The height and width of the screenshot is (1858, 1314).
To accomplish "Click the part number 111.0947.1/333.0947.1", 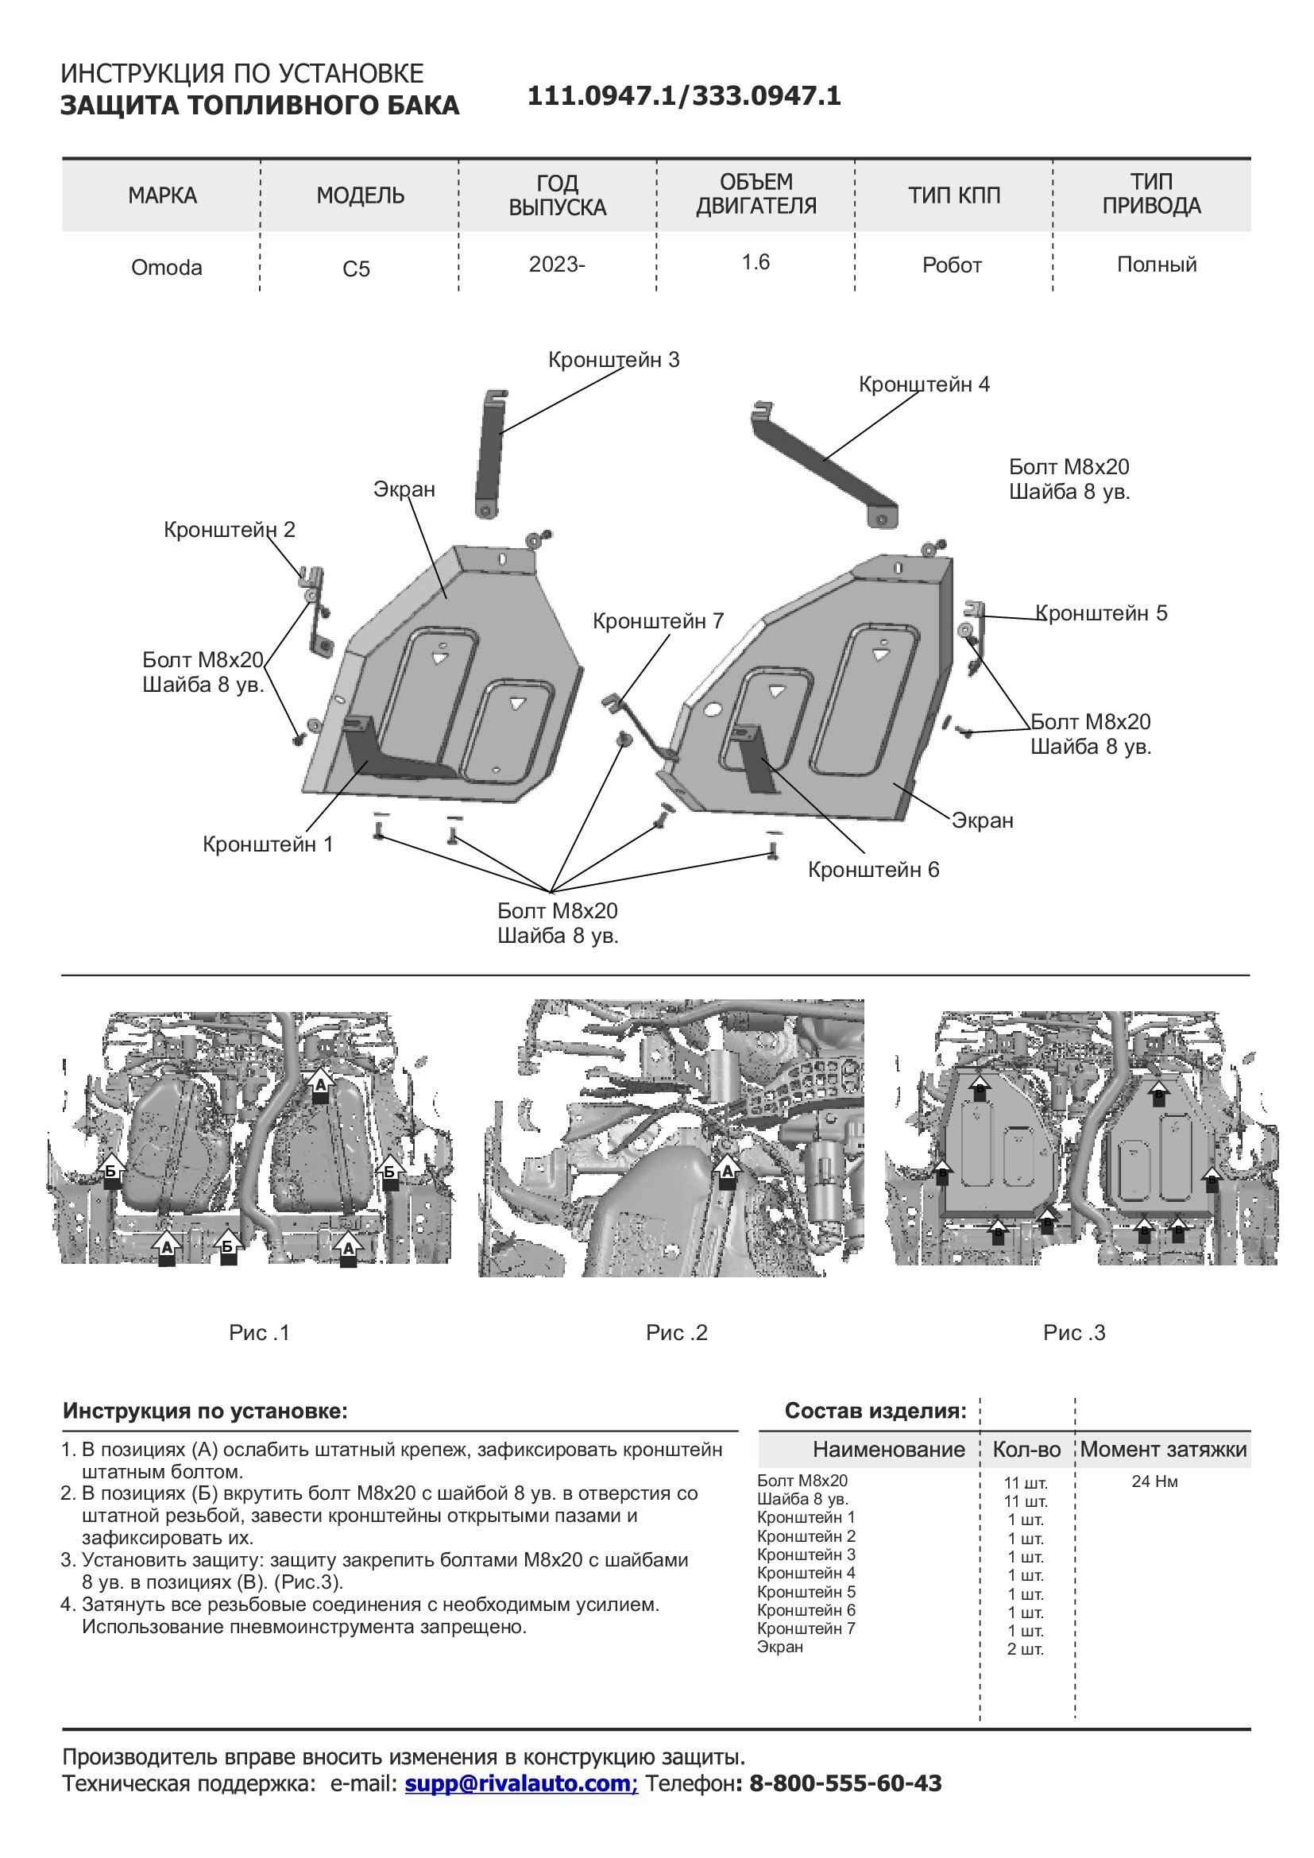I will [x=684, y=96].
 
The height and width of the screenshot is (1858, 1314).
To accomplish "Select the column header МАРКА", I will [x=162, y=195].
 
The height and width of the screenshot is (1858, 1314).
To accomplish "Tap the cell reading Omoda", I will [x=167, y=268].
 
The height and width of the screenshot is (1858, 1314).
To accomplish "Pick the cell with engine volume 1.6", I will [x=756, y=262].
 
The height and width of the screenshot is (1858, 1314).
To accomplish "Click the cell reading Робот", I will [x=952, y=265].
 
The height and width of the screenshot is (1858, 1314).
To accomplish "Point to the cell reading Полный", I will [x=1156, y=265].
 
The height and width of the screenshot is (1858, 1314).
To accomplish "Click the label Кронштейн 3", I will [x=613, y=360].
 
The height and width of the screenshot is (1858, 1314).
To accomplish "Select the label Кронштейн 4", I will [x=924, y=384].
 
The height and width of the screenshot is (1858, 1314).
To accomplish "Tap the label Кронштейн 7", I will [x=658, y=621].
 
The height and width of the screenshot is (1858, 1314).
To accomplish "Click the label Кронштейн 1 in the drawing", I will [x=268, y=845].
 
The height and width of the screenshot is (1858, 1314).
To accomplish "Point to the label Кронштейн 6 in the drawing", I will [x=873, y=870].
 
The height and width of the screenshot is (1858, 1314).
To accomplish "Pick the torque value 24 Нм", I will [x=1154, y=1481].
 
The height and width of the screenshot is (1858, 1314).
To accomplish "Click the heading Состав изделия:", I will [x=875, y=1412].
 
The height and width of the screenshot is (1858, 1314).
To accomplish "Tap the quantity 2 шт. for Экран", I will [x=1025, y=1649].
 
